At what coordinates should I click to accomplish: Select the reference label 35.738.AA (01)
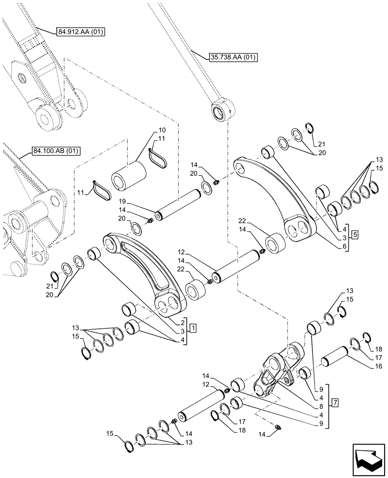pos(233,58)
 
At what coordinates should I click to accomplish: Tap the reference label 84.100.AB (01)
pos(56,152)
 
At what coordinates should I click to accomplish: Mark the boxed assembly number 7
pos(335,403)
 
